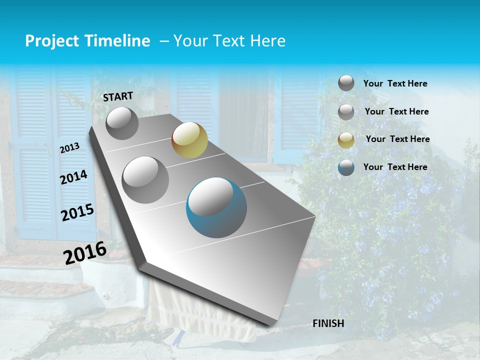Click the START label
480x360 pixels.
click(x=118, y=96)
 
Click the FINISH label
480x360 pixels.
click(x=328, y=323)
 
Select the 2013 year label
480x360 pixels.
click(x=69, y=147)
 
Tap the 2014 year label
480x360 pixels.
click(x=73, y=177)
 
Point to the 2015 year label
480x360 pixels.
click(x=77, y=212)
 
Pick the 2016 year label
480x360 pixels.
click(x=85, y=252)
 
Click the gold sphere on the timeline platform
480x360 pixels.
click(x=189, y=140)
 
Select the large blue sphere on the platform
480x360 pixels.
click(x=216, y=207)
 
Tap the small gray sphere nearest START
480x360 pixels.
click(x=122, y=123)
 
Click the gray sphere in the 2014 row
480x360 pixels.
click(x=145, y=179)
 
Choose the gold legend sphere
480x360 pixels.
click(x=346, y=140)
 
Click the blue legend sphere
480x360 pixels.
click(x=346, y=167)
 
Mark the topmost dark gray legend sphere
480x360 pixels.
click(x=346, y=83)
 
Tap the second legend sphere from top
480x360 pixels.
click(x=346, y=112)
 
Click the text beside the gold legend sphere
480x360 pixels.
click(x=397, y=139)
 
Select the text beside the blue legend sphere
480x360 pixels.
click(x=395, y=167)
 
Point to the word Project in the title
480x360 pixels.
click(x=52, y=41)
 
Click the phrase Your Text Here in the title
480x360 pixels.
click(x=229, y=41)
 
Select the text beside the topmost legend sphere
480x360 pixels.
click(x=395, y=84)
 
